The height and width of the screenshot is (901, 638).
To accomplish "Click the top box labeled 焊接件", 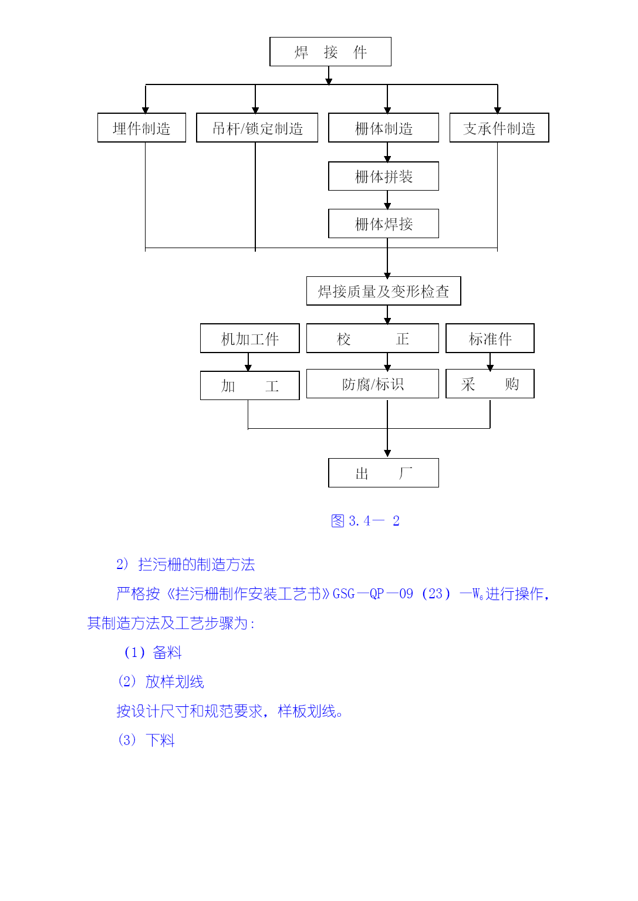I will (330, 52).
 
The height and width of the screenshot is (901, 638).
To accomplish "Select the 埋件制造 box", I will (141, 128).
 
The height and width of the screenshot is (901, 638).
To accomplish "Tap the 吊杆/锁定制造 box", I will (257, 128).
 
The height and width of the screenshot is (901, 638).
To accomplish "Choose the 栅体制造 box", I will (383, 128).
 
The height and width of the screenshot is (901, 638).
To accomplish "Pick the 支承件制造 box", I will (499, 128).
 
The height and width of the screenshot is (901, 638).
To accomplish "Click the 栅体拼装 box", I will (383, 176).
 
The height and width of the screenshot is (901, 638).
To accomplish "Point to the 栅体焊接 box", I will (383, 223).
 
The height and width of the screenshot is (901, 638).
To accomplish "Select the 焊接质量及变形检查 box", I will (383, 291).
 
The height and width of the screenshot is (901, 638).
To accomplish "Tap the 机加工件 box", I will (249, 338).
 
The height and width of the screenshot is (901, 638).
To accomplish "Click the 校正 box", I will (372, 338).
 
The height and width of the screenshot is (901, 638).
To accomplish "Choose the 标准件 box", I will (490, 338).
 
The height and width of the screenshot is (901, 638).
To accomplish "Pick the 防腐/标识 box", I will (372, 384).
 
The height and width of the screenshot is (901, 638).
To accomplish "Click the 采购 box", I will (490, 384).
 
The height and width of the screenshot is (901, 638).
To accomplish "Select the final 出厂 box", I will (383, 473).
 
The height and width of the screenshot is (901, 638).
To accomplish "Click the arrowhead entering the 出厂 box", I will (387, 453).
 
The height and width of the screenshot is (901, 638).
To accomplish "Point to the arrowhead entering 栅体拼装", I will (387, 158).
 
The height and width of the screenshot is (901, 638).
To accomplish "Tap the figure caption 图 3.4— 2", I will (365, 521).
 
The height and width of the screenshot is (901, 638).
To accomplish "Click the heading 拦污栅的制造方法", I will (196, 565).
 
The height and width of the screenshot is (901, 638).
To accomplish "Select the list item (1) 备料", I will (153, 652).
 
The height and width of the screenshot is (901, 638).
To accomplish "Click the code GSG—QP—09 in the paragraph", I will (373, 594).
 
